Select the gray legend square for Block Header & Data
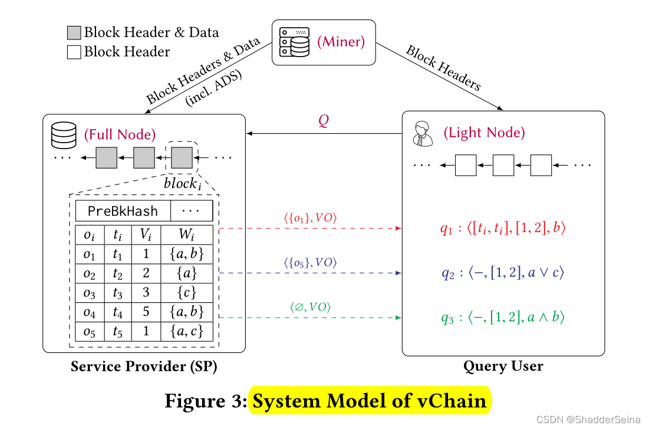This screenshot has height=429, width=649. tap(74, 33)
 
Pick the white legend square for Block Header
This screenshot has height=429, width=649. tap(74, 52)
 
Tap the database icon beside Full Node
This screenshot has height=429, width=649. tap(64, 135)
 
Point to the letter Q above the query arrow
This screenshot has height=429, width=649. tap(324, 121)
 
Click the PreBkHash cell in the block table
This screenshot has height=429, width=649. tap(123, 210)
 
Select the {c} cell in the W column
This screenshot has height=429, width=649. tap(186, 292)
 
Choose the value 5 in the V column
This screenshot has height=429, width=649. tap(146, 312)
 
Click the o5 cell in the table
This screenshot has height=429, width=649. tap(90, 331)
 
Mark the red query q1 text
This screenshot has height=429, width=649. tap(503, 229)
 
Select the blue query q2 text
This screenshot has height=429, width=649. tap(503, 273)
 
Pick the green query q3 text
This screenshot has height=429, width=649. tap(503, 318)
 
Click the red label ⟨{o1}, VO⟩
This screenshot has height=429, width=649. tap(311, 218)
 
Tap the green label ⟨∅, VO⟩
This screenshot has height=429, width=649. tap(310, 307)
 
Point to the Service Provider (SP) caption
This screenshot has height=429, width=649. tap(144, 367)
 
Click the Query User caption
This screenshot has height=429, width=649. tap(503, 367)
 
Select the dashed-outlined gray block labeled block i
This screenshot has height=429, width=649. tap(182, 158)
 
